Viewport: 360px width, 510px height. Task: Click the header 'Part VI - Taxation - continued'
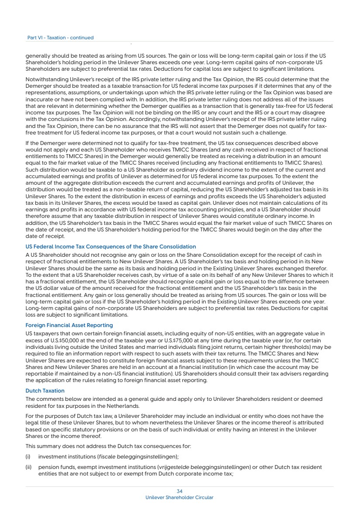point(60,38)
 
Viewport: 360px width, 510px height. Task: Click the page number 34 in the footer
point(179,491)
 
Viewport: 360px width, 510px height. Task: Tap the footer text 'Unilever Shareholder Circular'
point(179,497)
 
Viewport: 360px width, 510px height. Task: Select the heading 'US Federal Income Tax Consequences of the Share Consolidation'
point(111,247)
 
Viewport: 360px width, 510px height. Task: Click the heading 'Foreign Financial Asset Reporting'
point(69,325)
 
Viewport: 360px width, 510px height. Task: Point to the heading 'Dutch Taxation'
point(45,390)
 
